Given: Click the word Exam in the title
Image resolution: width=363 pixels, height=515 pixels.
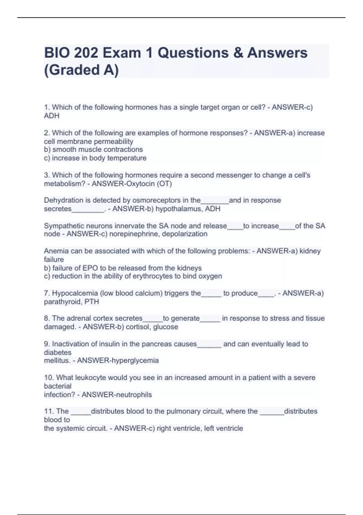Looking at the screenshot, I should coord(122,53).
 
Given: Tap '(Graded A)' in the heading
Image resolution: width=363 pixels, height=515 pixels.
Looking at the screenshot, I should coord(81,70).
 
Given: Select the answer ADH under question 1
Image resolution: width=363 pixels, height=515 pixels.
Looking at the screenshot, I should coord(52,116).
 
